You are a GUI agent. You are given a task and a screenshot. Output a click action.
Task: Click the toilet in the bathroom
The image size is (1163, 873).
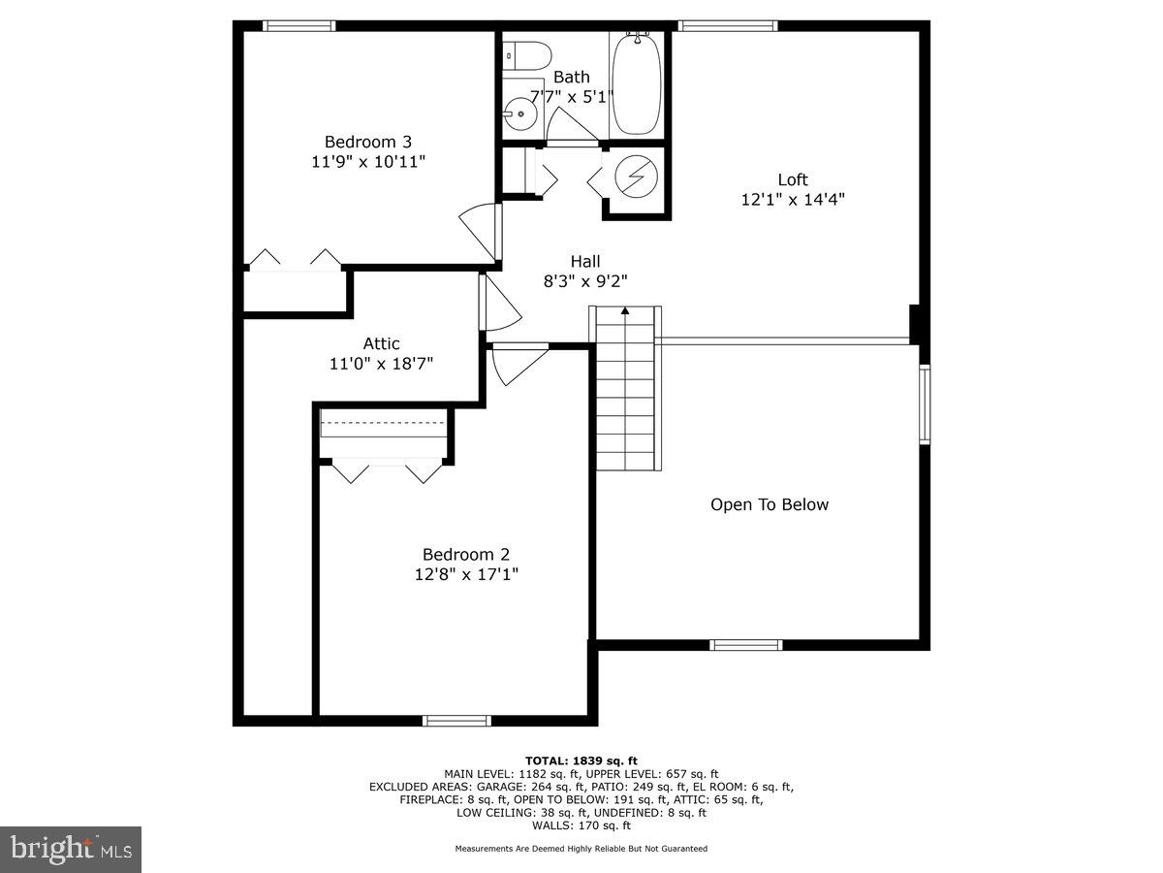click(x=526, y=54)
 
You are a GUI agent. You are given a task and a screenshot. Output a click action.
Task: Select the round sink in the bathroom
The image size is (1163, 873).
click(x=521, y=114)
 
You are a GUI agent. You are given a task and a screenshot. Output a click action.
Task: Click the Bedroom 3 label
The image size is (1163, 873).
click(x=361, y=142)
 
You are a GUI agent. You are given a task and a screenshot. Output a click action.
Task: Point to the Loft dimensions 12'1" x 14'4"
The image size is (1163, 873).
click(x=792, y=200)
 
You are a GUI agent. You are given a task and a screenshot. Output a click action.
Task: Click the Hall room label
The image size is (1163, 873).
click(x=584, y=261)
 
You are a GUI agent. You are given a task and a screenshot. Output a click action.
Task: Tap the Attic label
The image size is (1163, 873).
click(x=381, y=343)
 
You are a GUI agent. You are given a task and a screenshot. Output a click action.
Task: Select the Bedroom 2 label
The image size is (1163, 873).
click(x=465, y=554)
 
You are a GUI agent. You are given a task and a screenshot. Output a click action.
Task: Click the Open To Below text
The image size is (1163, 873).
click(x=770, y=504)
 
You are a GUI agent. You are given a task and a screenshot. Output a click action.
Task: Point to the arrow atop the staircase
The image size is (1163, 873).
click(x=625, y=311)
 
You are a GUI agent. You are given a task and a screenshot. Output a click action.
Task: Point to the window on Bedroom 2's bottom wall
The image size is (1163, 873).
click(x=456, y=720)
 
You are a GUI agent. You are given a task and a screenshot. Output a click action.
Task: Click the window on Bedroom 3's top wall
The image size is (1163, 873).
click(x=299, y=26)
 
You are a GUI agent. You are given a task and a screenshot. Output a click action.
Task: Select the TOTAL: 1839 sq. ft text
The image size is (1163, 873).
click(x=581, y=760)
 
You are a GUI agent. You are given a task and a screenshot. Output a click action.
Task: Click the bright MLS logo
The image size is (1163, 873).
click(x=71, y=850)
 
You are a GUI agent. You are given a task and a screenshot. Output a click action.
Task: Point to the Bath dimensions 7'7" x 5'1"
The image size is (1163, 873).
click(x=572, y=95)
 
